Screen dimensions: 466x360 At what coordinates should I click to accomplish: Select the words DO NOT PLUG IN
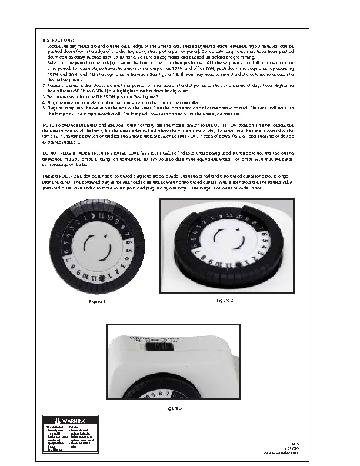click(59, 152)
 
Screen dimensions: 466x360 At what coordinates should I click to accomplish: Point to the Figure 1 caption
click(97, 301)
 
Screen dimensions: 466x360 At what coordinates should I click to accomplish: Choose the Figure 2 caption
click(225, 300)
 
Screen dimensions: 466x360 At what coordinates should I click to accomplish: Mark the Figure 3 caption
click(173, 408)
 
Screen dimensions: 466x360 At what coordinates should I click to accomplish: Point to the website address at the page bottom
click(292, 454)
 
